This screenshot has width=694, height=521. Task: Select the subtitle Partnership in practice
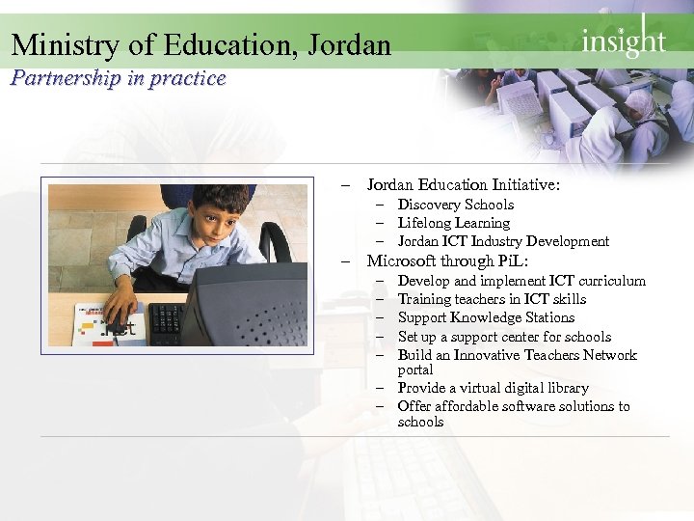click(118, 78)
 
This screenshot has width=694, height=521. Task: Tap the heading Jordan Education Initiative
click(463, 183)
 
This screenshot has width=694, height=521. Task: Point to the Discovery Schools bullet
click(455, 205)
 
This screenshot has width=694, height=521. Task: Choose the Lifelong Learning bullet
click(453, 223)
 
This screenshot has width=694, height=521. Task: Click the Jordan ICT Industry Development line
click(503, 241)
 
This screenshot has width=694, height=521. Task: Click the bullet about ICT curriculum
click(521, 281)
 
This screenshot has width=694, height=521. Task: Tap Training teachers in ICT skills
click(492, 299)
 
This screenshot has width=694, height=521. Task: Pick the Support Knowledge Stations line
click(486, 317)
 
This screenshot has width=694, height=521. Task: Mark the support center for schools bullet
click(504, 337)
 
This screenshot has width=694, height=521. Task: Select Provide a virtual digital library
click(493, 388)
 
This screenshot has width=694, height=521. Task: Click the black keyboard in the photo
click(165, 320)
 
